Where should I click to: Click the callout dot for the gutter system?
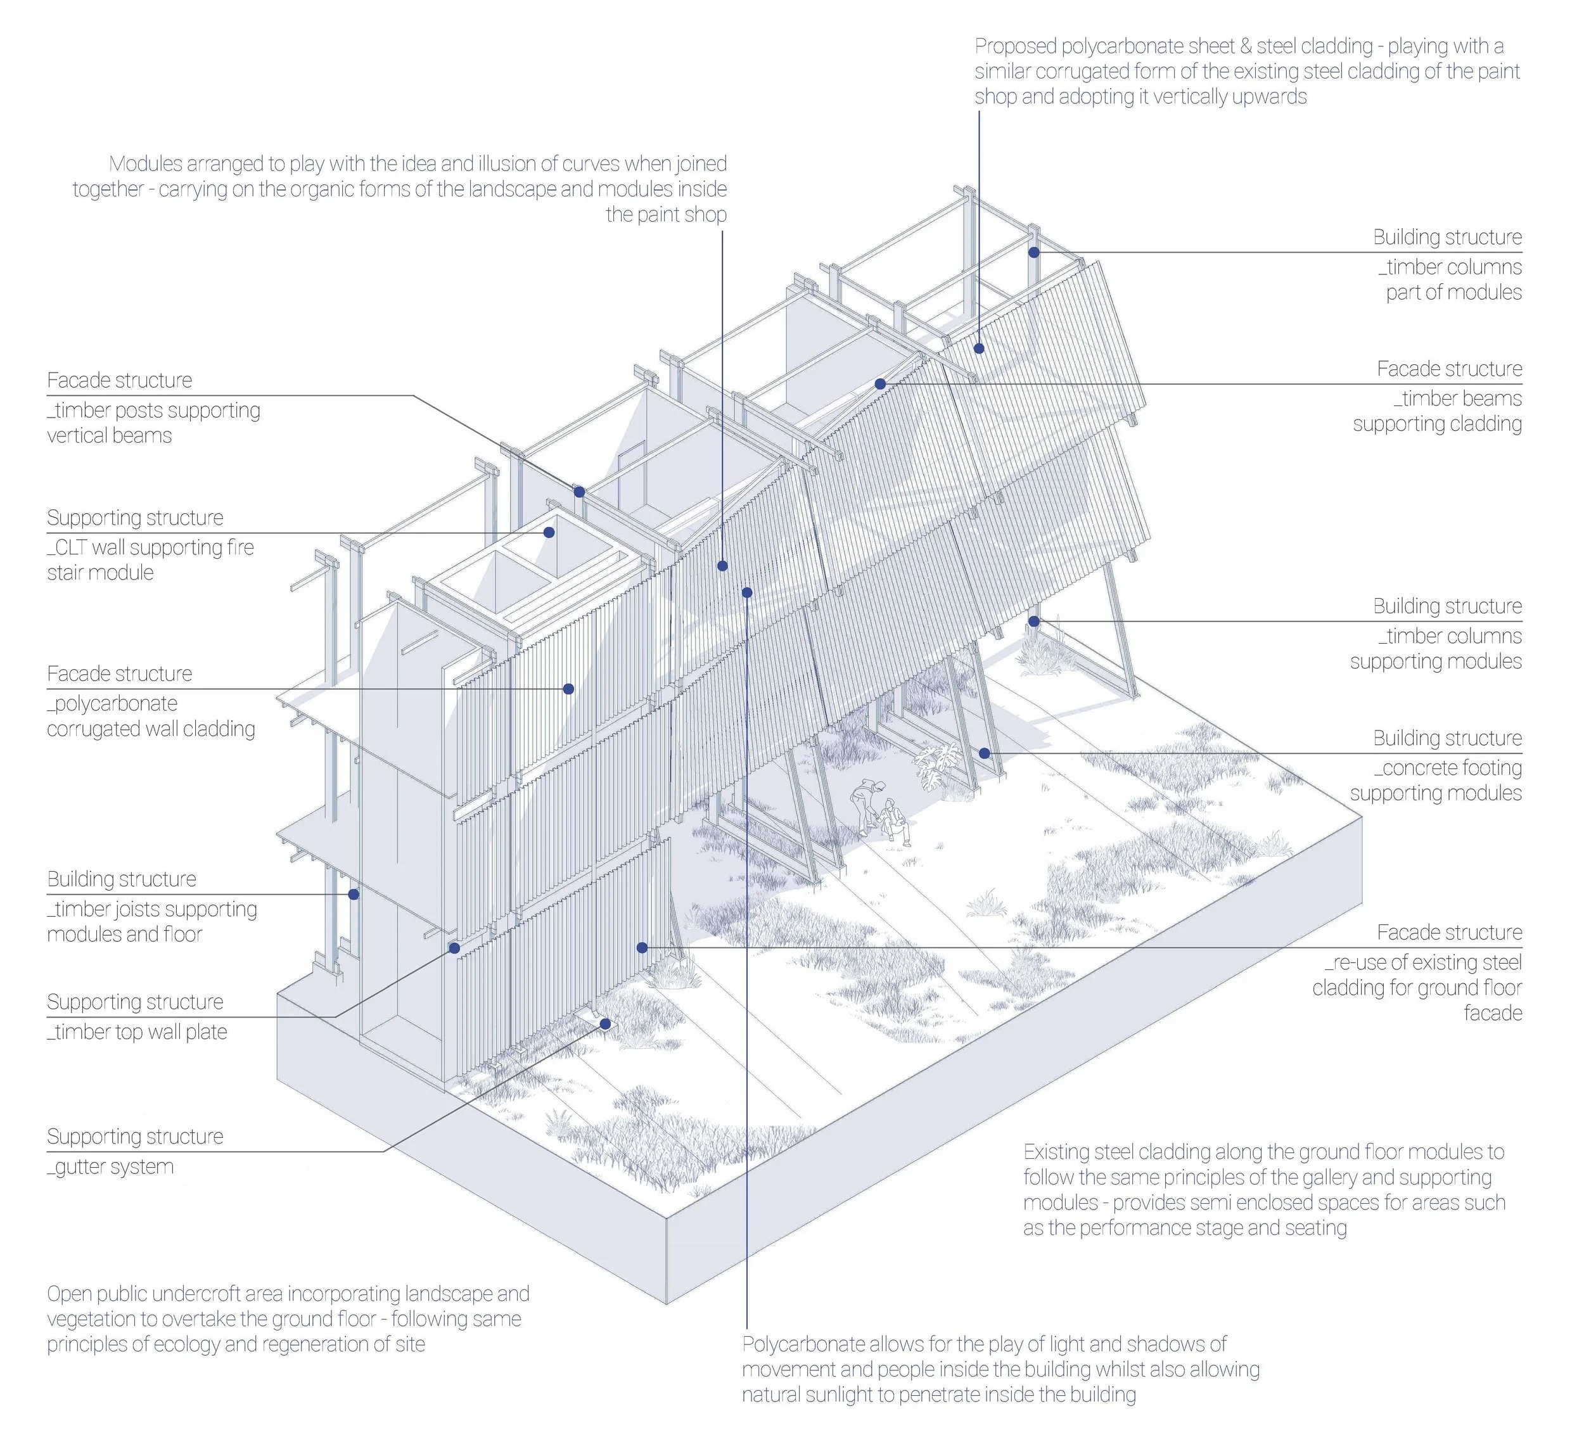(x=606, y=1024)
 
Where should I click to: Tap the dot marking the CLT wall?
(x=549, y=532)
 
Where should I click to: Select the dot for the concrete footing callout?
(x=985, y=753)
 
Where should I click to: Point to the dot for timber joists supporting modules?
(x=354, y=894)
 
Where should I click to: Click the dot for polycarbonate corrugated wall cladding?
(x=568, y=689)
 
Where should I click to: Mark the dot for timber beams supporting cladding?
(x=881, y=384)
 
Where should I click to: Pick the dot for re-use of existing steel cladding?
(x=642, y=948)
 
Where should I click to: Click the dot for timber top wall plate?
(x=454, y=948)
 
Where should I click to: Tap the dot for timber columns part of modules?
(x=1034, y=252)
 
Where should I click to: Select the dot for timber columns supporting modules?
(x=1034, y=622)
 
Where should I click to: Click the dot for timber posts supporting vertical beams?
(x=579, y=492)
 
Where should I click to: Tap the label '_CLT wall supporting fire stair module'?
(x=150, y=559)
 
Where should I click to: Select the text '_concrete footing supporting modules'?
(x=1436, y=780)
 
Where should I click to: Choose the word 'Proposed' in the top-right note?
(x=1015, y=46)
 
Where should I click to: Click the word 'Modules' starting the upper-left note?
(x=145, y=164)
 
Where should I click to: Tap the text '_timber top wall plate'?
(x=137, y=1031)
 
